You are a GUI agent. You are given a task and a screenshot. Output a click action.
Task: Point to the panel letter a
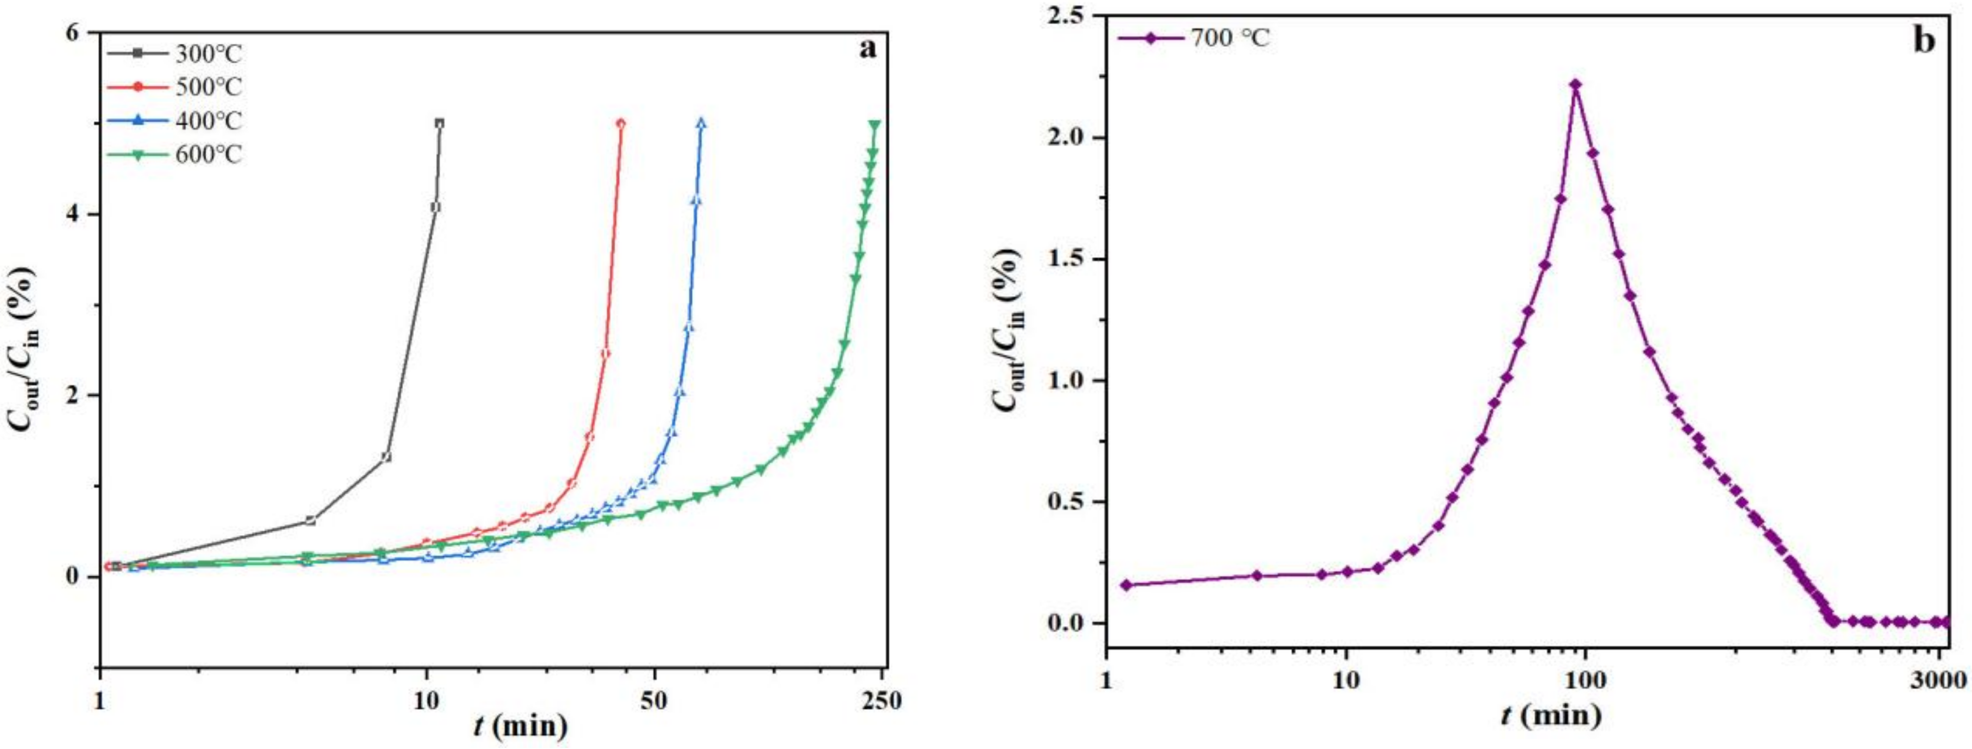tap(867, 49)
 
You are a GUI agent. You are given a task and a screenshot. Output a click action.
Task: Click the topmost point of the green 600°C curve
tap(874, 125)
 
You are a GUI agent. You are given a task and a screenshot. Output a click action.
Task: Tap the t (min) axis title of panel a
tap(521, 724)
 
